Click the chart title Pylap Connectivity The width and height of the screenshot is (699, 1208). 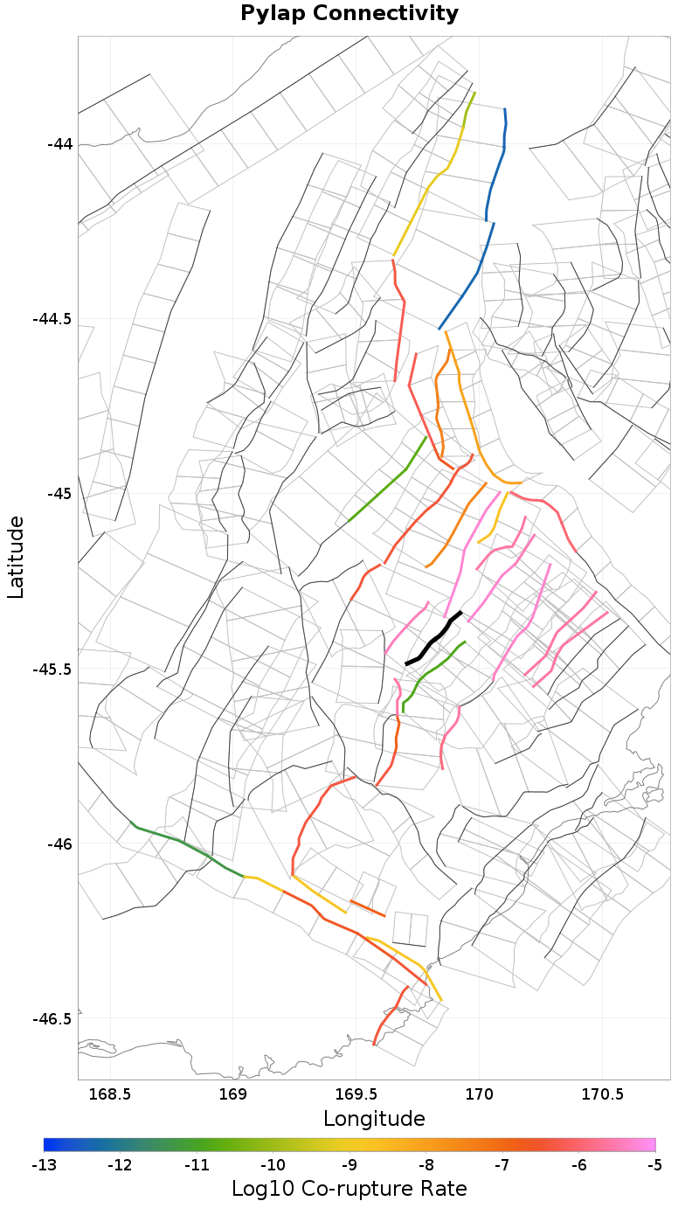tap(349, 14)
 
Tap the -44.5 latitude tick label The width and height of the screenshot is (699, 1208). tap(52, 319)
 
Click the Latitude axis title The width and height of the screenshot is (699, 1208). tap(16, 557)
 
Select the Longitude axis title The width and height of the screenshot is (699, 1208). tap(374, 1119)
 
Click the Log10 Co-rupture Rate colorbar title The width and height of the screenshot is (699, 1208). tap(349, 1189)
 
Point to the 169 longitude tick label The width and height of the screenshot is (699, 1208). tap(233, 1094)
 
